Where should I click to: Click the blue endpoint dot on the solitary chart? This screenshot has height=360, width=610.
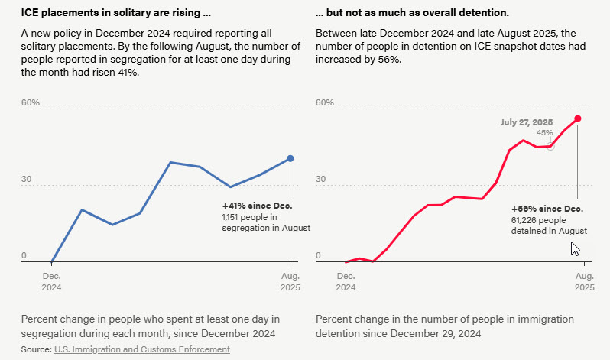point(290,159)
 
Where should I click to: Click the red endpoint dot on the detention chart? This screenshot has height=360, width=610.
point(578,118)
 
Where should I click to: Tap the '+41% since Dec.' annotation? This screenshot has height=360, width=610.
point(258,206)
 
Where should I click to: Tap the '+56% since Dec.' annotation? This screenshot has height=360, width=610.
point(547,209)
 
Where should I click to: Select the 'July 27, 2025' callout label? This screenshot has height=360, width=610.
point(526,122)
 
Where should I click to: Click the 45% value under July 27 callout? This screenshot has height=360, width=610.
point(544,133)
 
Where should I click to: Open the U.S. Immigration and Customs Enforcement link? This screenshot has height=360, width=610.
point(141,349)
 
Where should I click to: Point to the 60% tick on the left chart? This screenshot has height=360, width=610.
point(30,103)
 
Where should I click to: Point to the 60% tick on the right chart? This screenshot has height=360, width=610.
point(325,103)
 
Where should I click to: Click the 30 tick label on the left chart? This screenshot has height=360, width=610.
point(28,180)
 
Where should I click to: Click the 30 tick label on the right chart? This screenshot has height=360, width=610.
point(322,180)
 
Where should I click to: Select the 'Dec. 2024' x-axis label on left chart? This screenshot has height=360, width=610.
point(51,281)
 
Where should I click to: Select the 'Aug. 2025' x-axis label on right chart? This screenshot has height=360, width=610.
point(584,281)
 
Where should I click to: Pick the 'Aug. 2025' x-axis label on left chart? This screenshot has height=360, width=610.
point(290,281)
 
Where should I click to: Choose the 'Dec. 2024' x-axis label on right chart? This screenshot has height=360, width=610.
point(346,281)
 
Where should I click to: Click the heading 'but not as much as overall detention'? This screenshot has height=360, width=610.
point(412,14)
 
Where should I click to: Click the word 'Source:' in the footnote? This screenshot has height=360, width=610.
point(36,349)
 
